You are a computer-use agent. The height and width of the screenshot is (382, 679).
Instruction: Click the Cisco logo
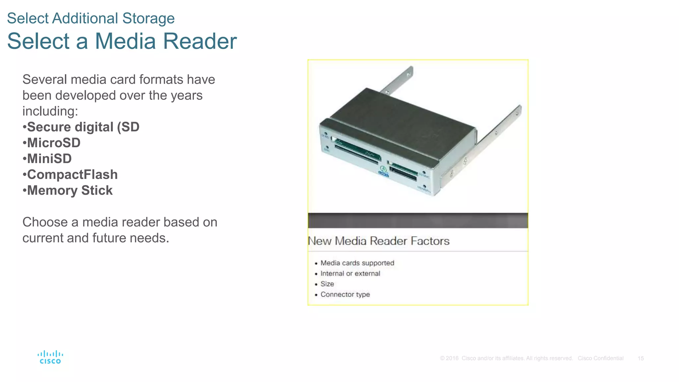coord(50,357)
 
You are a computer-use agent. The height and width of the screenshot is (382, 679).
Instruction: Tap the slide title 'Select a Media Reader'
coord(122,41)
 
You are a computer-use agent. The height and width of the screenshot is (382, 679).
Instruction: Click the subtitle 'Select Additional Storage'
coord(91,18)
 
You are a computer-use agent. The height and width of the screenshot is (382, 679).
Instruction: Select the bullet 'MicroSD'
coord(53,143)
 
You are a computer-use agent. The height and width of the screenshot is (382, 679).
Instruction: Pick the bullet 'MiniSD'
coord(49,159)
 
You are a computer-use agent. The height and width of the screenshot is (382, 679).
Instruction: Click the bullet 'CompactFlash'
coord(72,175)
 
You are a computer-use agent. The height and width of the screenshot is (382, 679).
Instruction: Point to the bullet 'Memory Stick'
coord(70,191)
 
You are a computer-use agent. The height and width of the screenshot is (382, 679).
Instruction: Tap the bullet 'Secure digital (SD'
coord(83,127)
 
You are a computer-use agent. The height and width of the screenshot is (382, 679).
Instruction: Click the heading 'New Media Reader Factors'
coord(379,241)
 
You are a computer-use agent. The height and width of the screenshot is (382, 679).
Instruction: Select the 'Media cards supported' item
coord(357,263)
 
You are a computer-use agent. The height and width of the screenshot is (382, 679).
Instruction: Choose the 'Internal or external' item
coord(350,274)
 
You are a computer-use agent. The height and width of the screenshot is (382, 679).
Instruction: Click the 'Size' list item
coord(327,284)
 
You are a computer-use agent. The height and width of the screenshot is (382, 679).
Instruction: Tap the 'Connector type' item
coord(345,294)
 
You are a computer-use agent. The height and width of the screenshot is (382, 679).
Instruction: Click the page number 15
coord(641,358)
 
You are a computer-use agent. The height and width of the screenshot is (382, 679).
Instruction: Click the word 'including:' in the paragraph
coord(50,111)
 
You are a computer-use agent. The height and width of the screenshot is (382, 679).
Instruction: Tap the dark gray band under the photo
coord(418,221)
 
